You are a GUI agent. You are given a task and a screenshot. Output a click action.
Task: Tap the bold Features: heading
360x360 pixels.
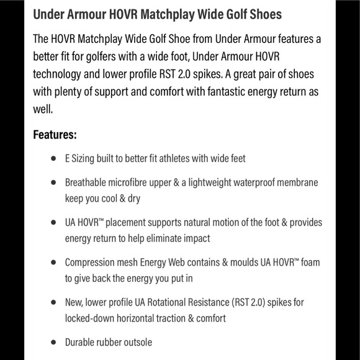point(55,135)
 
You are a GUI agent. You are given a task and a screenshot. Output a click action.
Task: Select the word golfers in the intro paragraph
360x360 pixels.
point(101,57)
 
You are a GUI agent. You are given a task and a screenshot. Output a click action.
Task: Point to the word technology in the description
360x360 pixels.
point(58,74)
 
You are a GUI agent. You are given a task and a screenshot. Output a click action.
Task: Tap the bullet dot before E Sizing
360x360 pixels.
point(53,159)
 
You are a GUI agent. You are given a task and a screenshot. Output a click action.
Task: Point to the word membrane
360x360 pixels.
point(295,182)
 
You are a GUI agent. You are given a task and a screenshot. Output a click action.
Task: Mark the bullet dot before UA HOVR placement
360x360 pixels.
point(53,222)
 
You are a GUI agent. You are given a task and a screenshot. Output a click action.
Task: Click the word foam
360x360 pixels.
point(310,263)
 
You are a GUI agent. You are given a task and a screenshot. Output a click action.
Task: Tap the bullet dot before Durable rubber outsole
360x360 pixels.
point(53,343)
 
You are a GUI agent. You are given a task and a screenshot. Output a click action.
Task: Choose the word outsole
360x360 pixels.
point(137,343)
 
